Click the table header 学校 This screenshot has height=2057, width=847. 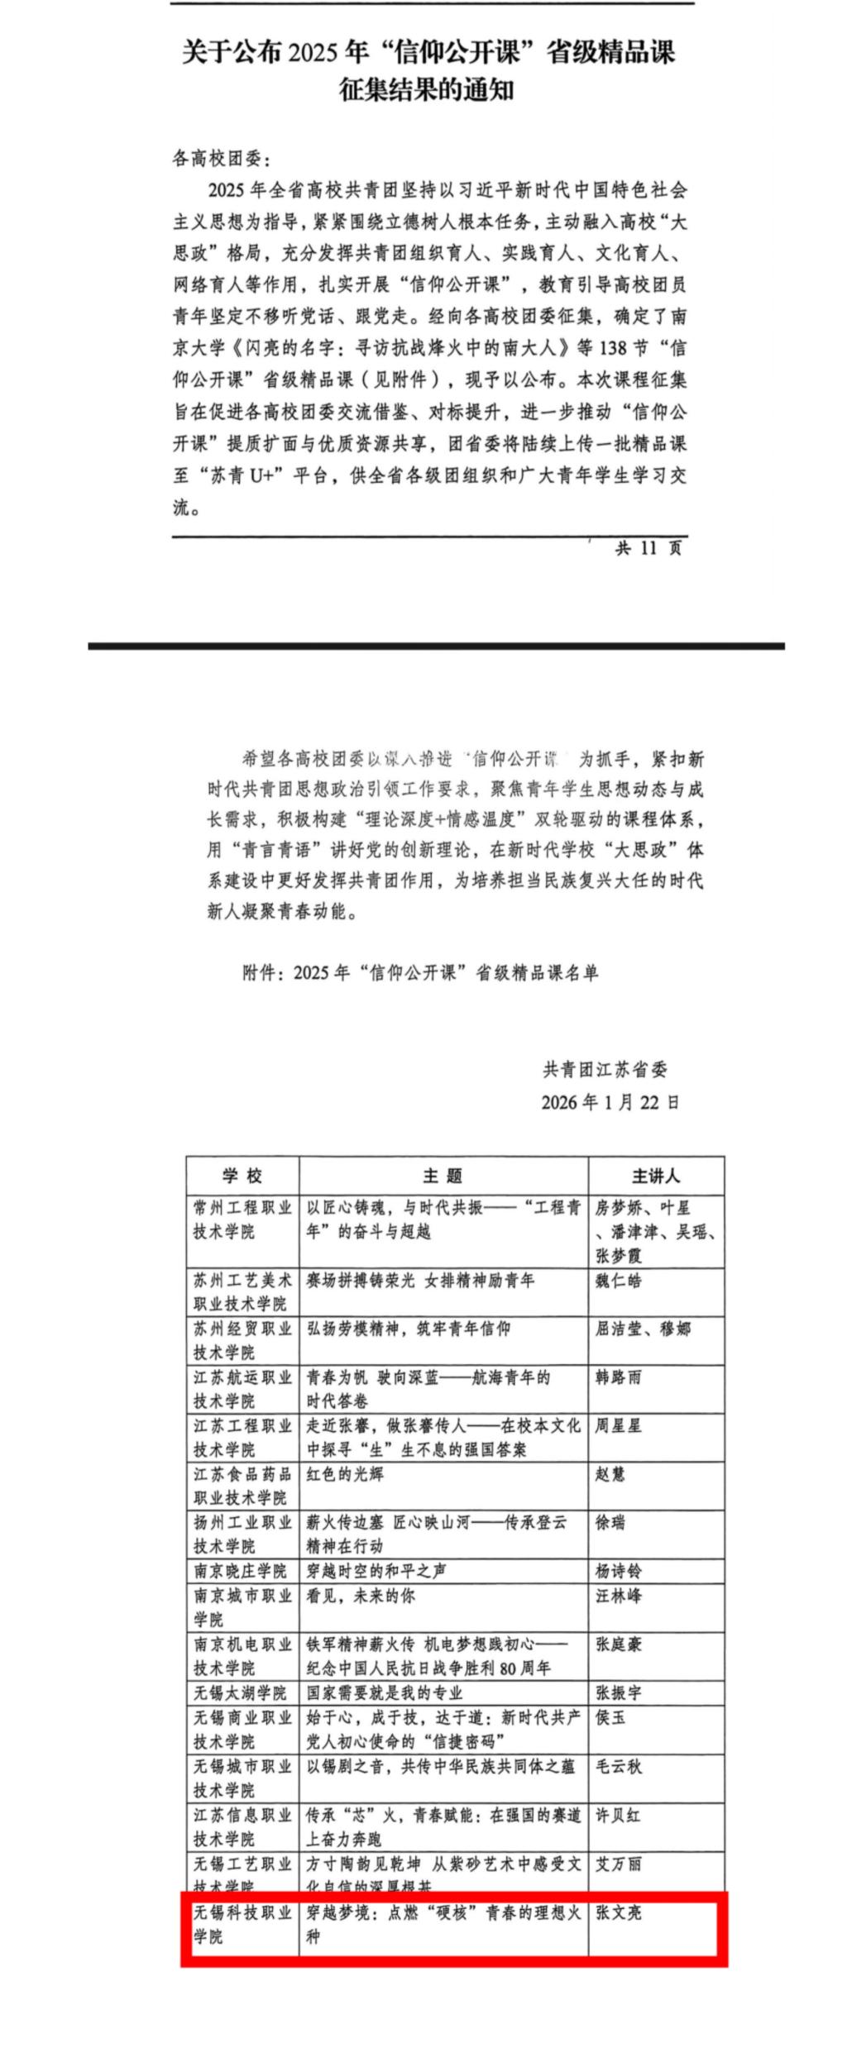click(x=242, y=1176)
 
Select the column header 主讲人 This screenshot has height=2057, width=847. click(x=656, y=1176)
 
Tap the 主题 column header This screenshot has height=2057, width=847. click(x=443, y=1176)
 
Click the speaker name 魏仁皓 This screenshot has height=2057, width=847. click(x=618, y=1281)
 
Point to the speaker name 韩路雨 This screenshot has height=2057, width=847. click(x=618, y=1377)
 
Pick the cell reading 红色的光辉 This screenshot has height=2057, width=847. click(x=345, y=1474)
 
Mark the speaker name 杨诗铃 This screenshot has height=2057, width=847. click(x=618, y=1571)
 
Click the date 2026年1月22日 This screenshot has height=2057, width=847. click(x=610, y=1102)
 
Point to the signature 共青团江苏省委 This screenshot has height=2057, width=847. click(x=605, y=1069)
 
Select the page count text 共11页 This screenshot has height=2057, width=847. click(x=649, y=547)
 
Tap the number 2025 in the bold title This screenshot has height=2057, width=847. click(x=313, y=53)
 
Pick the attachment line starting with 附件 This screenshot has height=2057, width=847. click(x=419, y=972)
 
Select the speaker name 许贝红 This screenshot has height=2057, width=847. click(x=618, y=1816)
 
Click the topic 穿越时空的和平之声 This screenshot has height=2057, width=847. click(x=376, y=1571)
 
